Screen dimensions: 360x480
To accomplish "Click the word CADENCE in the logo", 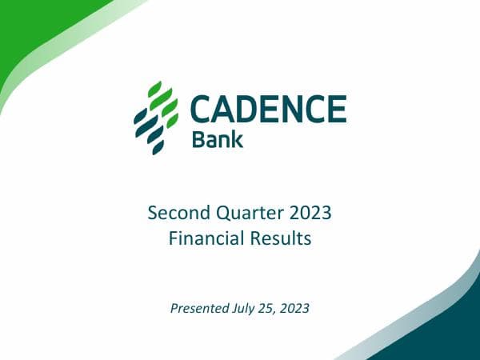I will coord(269,109).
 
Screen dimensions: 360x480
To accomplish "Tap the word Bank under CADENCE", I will coord(218,140).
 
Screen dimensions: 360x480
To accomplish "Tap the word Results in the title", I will coord(282,238).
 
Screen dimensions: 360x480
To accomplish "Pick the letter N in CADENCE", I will coord(305,109).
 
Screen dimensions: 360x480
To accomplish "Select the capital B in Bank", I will coord(198,140).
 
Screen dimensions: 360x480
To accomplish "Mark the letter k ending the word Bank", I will coord(238,140).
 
